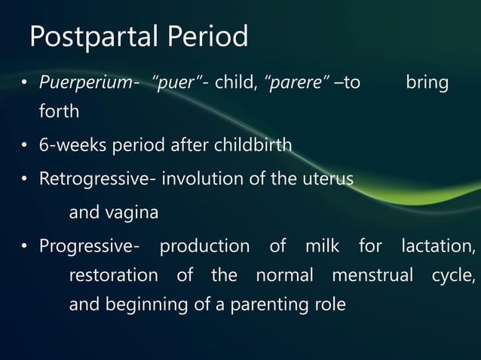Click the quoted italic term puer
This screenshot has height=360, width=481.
(x=180, y=82)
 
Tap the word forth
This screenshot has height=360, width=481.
(x=59, y=111)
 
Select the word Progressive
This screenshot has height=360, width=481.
(x=84, y=246)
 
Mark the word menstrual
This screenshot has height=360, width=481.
(x=372, y=276)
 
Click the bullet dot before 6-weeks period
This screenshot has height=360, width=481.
(x=25, y=145)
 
